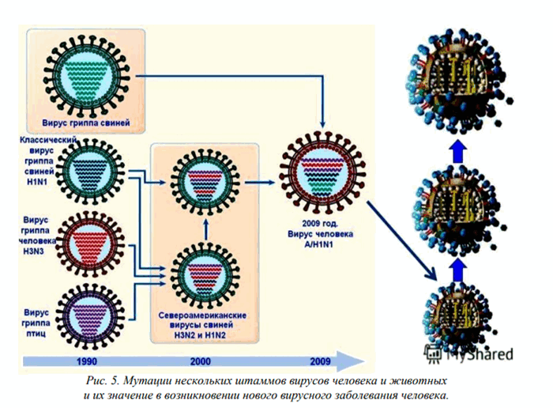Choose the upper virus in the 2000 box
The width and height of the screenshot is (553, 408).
[x=205, y=182]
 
